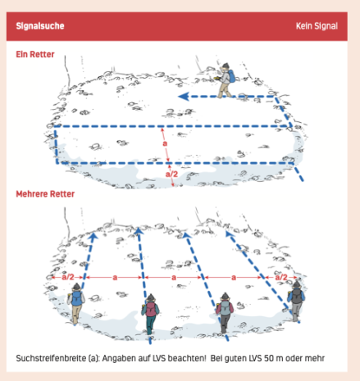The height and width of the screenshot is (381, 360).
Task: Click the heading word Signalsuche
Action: (x=40, y=26)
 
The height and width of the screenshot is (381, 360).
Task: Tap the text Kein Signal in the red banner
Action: (x=317, y=26)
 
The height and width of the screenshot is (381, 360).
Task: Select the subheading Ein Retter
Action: (x=35, y=54)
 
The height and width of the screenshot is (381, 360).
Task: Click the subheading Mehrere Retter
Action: (x=45, y=194)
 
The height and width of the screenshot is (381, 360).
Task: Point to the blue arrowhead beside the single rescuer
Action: (x=184, y=97)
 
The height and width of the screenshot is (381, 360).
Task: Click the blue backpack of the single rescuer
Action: (x=231, y=76)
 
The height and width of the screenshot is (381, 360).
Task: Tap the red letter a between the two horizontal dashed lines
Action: (x=165, y=143)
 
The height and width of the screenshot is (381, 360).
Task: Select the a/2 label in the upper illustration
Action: (x=171, y=174)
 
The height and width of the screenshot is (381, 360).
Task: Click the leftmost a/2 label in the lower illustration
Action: (x=68, y=277)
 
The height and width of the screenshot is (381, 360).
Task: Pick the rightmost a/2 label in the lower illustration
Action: (x=281, y=278)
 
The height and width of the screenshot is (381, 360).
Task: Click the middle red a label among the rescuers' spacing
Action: (x=174, y=278)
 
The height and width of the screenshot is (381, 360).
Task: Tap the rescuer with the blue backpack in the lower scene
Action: (x=76, y=303)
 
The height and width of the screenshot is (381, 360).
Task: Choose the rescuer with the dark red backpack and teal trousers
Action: (x=150, y=314)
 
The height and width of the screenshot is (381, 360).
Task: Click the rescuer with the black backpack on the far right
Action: (x=296, y=302)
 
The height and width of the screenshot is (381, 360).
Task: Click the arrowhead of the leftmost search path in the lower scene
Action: (x=93, y=236)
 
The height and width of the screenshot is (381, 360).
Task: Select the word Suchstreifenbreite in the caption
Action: (x=51, y=358)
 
